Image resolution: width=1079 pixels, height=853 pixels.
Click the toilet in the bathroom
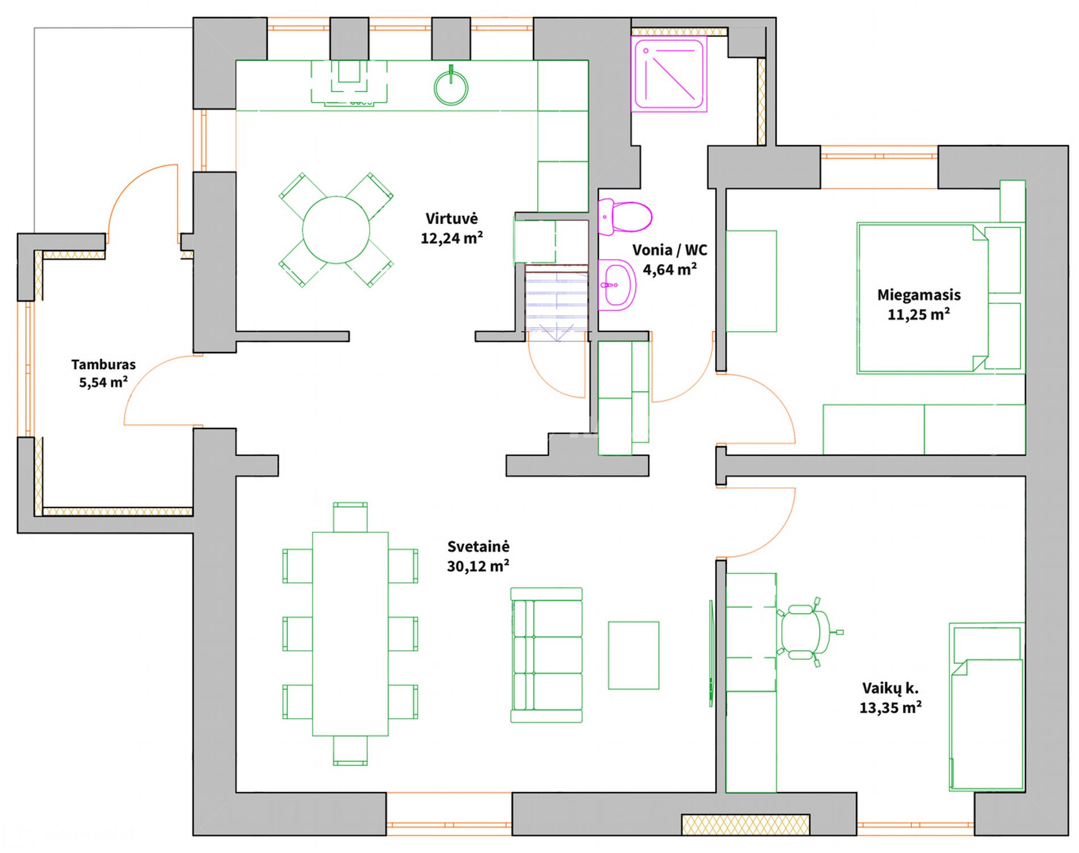625,216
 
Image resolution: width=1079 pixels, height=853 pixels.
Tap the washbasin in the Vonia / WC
617,285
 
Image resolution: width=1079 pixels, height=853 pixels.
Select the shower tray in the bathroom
669,74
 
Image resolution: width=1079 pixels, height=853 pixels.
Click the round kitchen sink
451,87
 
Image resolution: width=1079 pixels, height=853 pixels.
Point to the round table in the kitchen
336,230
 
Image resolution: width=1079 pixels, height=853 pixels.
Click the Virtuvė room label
451,219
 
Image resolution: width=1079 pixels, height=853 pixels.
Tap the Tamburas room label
103,365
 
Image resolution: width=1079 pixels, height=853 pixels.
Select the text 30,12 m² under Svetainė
478,566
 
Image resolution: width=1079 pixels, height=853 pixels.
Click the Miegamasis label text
919,295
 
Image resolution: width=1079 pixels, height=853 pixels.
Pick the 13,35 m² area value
890,708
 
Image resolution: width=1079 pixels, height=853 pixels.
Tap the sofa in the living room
546,655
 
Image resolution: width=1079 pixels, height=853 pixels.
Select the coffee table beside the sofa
634,655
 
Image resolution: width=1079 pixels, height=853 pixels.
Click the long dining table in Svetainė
350,634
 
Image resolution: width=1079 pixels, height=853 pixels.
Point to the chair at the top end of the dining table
350,517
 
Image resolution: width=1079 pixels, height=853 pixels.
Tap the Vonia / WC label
670,250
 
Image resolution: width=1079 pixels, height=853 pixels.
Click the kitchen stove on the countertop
349,83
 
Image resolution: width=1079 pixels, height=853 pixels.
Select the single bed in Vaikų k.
987,707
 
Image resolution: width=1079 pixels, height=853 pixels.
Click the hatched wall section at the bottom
746,825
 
